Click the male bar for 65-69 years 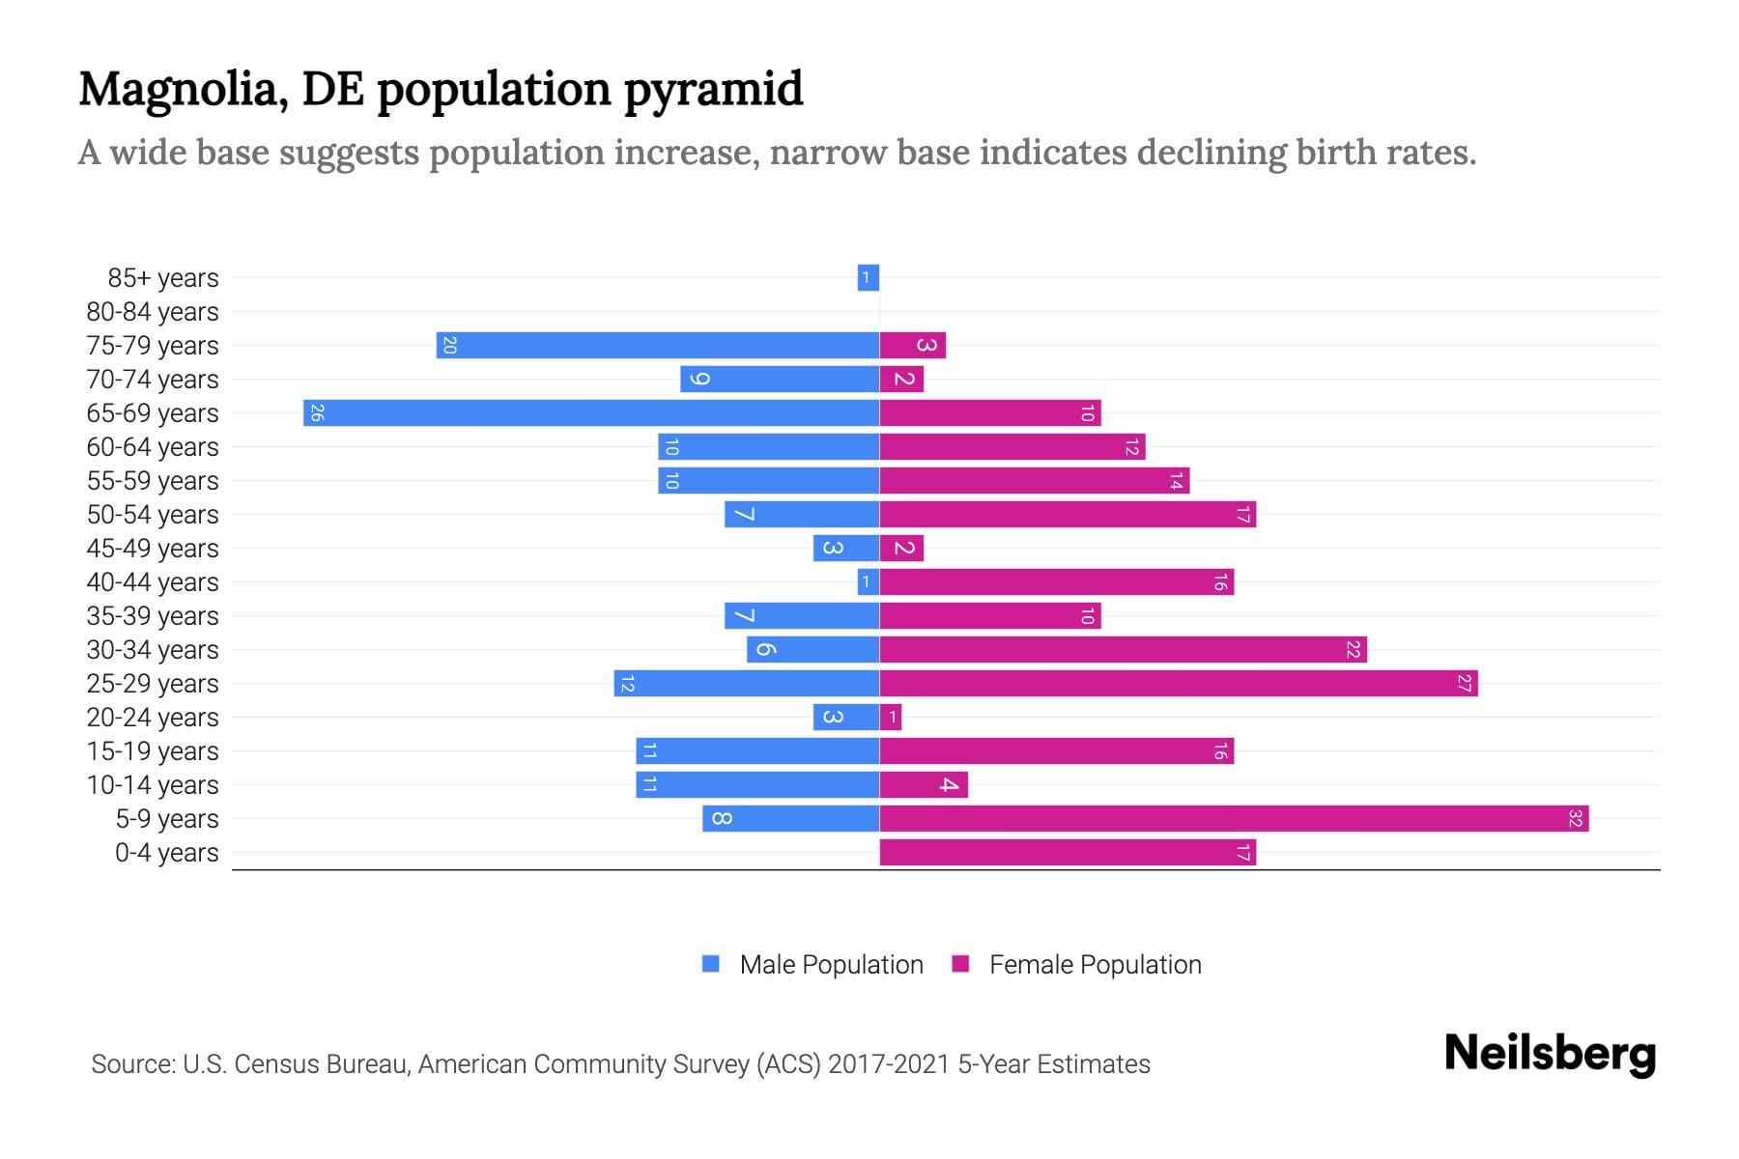[x=590, y=413]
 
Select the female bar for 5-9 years [x=1234, y=819]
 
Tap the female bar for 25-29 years [x=1179, y=684]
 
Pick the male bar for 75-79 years [x=657, y=346]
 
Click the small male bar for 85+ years [x=868, y=278]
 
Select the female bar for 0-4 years [x=1068, y=853]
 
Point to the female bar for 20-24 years [x=891, y=718]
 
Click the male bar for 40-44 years [x=868, y=582]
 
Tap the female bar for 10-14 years [x=923, y=785]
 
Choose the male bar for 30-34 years [x=812, y=650]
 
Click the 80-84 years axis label [x=153, y=312]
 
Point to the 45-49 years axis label [x=153, y=549]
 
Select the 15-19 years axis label [x=153, y=751]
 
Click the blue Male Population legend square [x=711, y=964]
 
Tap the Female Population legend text [x=1095, y=965]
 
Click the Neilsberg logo [x=1550, y=1054]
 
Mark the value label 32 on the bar [x=1575, y=819]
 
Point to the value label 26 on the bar [x=317, y=413]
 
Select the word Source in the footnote [x=131, y=1064]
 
